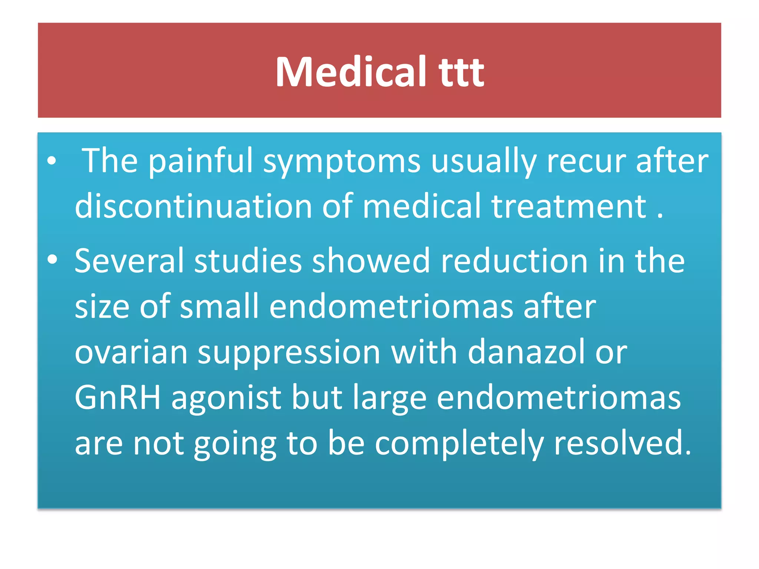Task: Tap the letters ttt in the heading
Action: pyautogui.click(x=461, y=73)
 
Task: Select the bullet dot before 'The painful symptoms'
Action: pyautogui.click(x=52, y=161)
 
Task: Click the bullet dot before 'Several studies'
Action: pyautogui.click(x=52, y=260)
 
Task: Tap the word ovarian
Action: pyautogui.click(x=131, y=352)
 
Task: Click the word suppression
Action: pyautogui.click(x=289, y=352)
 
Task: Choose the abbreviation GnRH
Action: pyautogui.click(x=118, y=397)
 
